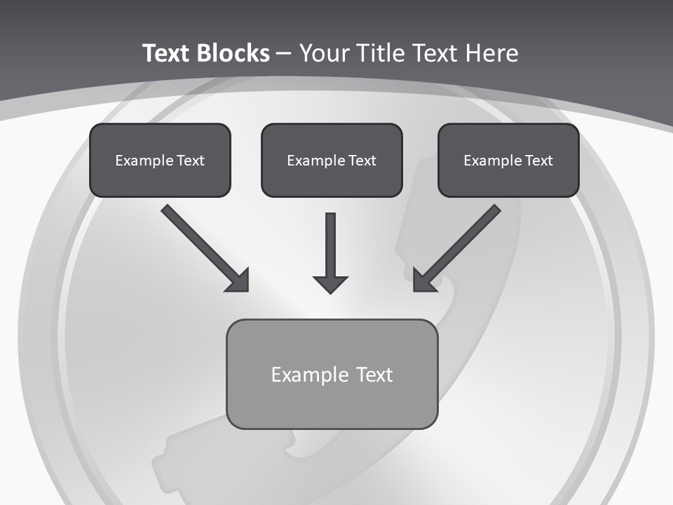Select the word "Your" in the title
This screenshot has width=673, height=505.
325,53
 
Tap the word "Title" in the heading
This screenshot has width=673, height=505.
381,53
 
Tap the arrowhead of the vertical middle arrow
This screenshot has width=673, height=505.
330,284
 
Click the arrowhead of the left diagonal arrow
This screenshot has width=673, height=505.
239,281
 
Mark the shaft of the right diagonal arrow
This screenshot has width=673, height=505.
467,238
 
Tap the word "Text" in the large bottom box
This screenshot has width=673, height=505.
375,375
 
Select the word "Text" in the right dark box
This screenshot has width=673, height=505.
539,161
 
